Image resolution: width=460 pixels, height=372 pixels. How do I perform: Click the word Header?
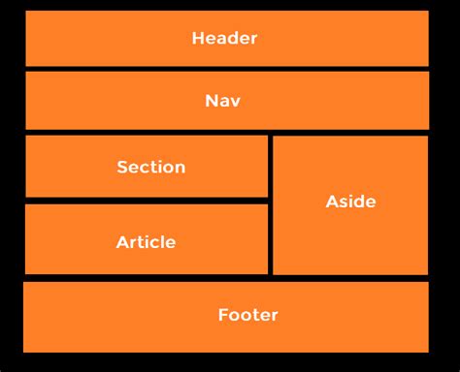[224, 39]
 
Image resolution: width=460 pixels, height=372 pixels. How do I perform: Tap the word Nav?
[223, 101]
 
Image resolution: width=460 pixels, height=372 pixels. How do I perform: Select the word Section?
[150, 167]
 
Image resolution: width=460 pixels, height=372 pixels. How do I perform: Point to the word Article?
[146, 242]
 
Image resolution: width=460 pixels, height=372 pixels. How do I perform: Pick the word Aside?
[350, 201]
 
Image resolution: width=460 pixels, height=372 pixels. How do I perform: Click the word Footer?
[247, 315]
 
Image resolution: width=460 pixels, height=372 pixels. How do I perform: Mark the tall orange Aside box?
[350, 242]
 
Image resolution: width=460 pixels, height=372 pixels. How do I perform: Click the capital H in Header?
[198, 39]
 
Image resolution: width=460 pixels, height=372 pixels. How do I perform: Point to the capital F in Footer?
[222, 315]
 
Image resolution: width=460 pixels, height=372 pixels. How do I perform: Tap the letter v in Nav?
[236, 102]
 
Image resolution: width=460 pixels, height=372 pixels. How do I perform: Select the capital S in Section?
[121, 167]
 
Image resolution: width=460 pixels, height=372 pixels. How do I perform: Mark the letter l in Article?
[165, 242]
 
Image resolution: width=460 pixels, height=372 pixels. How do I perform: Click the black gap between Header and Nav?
[226, 69]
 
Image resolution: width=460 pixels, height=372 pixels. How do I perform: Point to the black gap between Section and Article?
[146, 201]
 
